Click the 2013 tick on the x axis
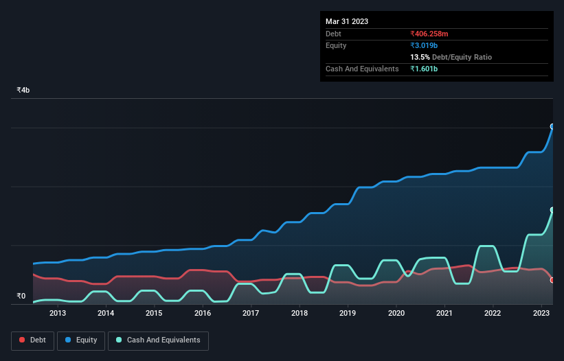(x=57, y=313)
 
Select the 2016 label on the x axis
(x=203, y=313)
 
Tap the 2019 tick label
(x=348, y=313)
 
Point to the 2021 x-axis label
(x=444, y=313)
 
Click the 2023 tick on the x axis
(x=541, y=313)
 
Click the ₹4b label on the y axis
(x=23, y=91)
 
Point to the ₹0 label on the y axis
(x=21, y=296)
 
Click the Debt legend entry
(x=32, y=340)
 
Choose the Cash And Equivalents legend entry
(x=158, y=340)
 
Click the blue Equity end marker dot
(x=552, y=126)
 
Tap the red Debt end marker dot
(x=552, y=280)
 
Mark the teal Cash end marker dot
(x=552, y=210)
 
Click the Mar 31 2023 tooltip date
(x=347, y=21)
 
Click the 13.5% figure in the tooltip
(x=420, y=57)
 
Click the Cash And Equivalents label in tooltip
(x=362, y=69)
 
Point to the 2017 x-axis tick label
(x=251, y=313)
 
